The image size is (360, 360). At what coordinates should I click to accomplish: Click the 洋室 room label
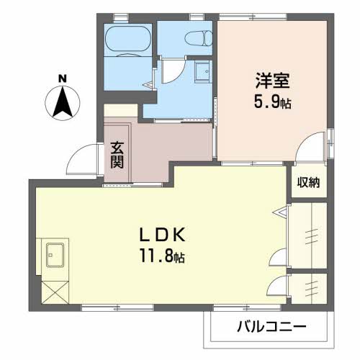coord(272,81)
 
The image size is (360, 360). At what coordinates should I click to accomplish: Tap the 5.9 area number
coord(266,102)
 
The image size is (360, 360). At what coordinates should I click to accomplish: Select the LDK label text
coord(163,234)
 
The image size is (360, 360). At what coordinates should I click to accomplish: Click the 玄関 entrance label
coord(117,155)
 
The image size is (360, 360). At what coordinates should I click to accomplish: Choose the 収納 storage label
coord(308,183)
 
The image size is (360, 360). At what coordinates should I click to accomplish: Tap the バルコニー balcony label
coord(271,326)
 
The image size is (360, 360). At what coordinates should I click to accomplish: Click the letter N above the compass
coord(63,78)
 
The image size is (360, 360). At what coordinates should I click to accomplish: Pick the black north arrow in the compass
coord(63,103)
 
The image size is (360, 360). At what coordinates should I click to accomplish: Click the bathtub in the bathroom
coord(128,40)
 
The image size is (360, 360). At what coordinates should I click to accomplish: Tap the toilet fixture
coord(199,38)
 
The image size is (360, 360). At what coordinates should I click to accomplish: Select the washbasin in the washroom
coord(203,71)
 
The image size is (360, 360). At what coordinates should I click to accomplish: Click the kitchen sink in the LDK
coord(55,256)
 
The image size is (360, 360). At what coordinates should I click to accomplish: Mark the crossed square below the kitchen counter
coord(55,292)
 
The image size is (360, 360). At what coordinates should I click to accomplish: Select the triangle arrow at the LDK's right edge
coord(280,212)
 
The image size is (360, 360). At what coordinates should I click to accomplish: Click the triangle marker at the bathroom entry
coord(148,85)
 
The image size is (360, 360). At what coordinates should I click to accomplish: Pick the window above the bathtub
coord(120,17)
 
